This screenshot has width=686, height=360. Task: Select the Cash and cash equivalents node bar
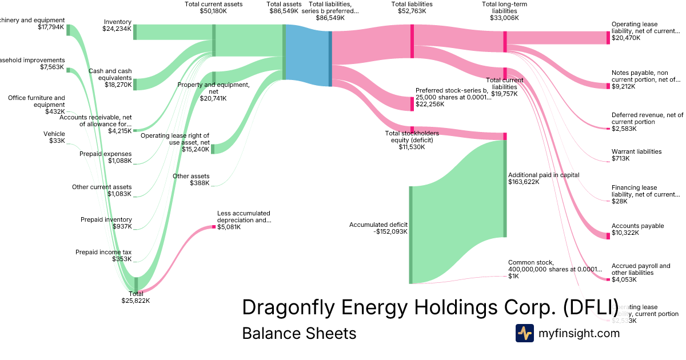135,85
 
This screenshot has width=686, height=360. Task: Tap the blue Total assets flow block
307,55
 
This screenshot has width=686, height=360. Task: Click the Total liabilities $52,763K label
412,7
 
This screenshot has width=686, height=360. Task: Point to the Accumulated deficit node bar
410,234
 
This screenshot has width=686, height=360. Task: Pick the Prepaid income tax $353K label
103,255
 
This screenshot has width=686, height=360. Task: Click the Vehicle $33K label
54,137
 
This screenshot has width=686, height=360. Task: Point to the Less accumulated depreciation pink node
214,227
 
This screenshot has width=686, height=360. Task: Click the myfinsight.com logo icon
524,333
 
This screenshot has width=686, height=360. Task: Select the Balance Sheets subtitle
299,333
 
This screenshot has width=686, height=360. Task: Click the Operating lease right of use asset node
213,149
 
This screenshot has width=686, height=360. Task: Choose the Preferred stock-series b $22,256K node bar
412,104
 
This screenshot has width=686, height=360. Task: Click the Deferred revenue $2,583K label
647,122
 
